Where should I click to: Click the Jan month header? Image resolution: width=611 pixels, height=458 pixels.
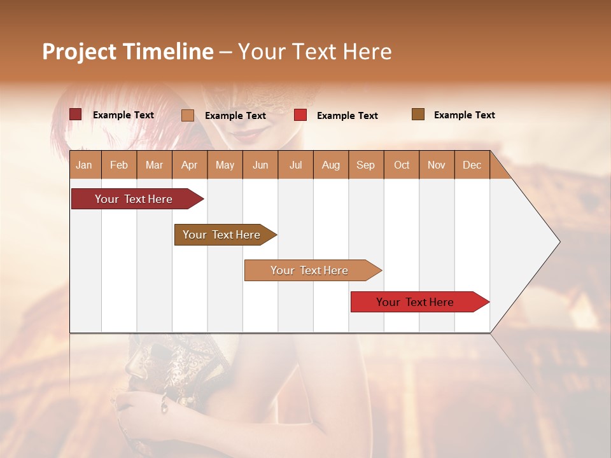click(x=84, y=165)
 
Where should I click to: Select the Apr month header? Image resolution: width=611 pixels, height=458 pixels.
click(x=189, y=165)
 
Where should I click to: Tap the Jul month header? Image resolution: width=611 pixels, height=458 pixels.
click(x=295, y=165)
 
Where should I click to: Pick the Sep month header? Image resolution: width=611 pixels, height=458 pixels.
click(x=365, y=165)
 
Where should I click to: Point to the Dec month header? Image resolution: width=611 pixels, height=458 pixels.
click(x=472, y=165)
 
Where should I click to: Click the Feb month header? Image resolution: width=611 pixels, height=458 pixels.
click(x=119, y=165)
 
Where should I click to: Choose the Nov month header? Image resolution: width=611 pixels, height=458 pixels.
click(x=436, y=165)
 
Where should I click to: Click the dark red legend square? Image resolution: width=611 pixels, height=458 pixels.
click(x=75, y=114)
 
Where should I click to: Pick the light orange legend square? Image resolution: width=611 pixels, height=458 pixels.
click(x=188, y=115)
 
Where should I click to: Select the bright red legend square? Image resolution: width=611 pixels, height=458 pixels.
click(x=300, y=115)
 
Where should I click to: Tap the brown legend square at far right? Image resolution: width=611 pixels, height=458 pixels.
click(x=418, y=114)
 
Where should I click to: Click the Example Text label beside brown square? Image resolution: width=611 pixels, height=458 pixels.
click(x=464, y=115)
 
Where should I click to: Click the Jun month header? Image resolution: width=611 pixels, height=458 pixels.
click(x=260, y=165)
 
